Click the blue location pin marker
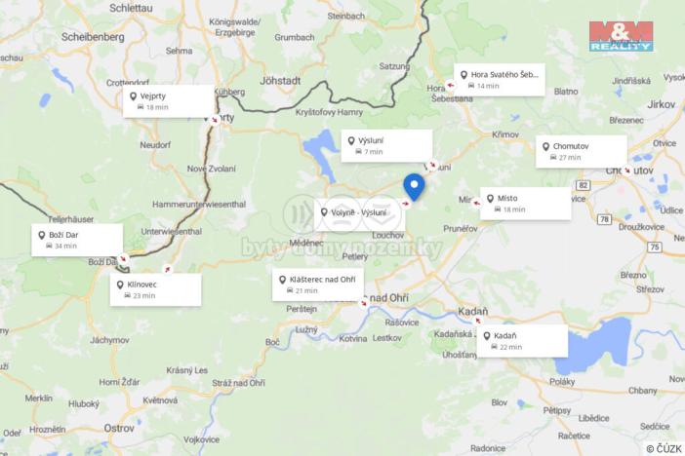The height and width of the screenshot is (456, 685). coord(414,185)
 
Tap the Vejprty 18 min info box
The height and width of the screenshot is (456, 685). coord(168,100)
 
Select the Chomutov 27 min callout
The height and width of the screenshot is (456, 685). coord(582,151)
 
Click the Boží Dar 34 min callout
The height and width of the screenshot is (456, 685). coord(77,240)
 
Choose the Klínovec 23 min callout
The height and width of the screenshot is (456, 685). coord(155,288)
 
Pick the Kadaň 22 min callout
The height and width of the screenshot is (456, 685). coord(523,340)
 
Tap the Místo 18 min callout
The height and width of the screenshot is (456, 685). coord(525,203)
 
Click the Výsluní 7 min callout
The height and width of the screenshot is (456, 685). coord(386,146)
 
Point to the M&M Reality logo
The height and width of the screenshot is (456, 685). coord(620,36)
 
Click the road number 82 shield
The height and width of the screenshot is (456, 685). coord(583,184)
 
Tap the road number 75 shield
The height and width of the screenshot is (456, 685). coord(653,247)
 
